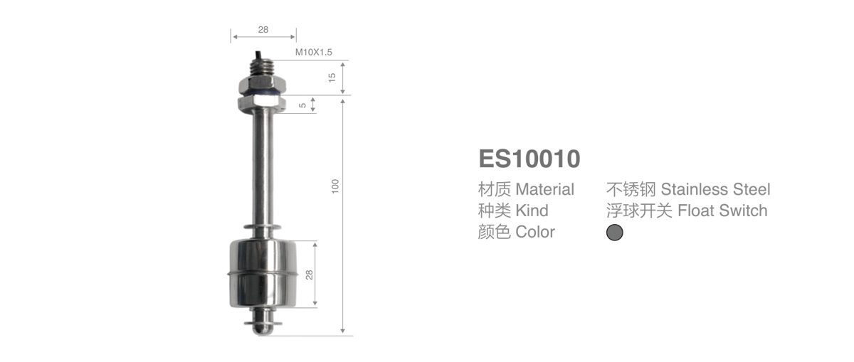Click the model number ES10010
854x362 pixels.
(529, 159)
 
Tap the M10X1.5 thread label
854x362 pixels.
(314, 53)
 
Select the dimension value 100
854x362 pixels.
(335, 186)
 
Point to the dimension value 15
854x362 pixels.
(332, 77)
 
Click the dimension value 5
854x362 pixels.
(302, 105)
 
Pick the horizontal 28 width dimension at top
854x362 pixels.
(263, 30)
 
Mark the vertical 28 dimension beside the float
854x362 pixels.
(309, 275)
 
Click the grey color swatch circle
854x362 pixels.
(614, 233)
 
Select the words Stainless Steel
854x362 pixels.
(715, 190)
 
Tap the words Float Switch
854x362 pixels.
(722, 211)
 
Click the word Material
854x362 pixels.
(544, 190)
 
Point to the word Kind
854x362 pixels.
(532, 211)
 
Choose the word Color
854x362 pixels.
(535, 232)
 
